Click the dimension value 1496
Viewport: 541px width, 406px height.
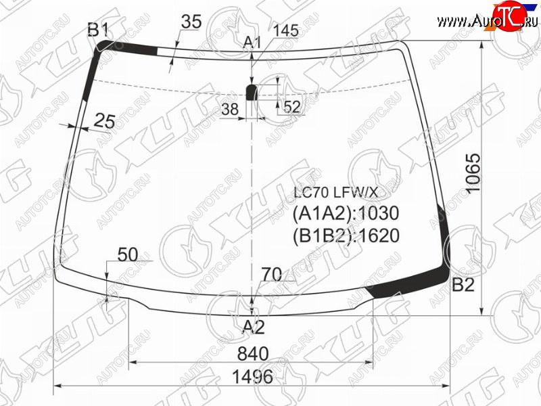[252, 376]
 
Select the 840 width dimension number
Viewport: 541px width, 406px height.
[253, 354]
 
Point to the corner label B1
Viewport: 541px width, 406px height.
[98, 30]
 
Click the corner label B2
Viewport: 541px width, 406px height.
[463, 285]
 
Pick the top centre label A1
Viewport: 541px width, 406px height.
[252, 43]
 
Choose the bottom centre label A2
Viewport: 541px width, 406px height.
[254, 327]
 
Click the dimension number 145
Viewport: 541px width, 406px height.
[285, 30]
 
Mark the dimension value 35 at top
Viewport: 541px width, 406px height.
[191, 22]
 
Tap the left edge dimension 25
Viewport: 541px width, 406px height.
[104, 121]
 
